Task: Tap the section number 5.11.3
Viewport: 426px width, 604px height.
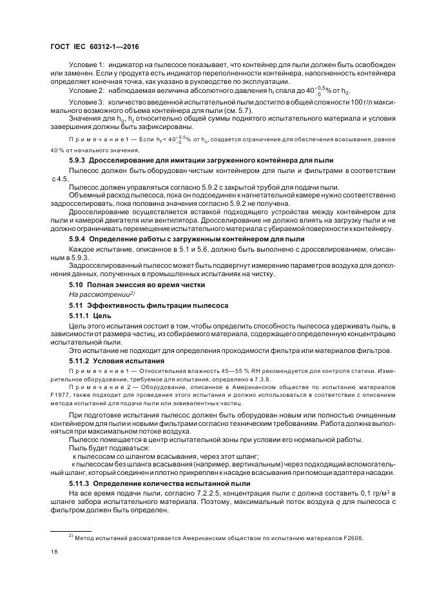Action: [x=81, y=483]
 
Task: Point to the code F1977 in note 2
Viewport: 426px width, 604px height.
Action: [x=60, y=392]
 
